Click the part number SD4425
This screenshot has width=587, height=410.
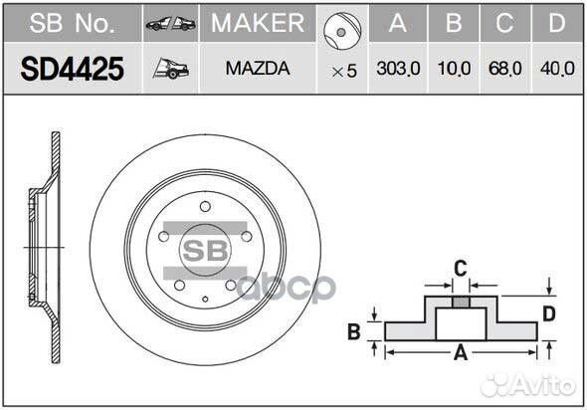coord(72,70)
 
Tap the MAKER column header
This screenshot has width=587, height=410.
coord(258,23)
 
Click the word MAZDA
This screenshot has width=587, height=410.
coord(258,70)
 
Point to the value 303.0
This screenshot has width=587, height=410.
coord(397,70)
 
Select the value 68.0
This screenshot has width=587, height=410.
coord(505,70)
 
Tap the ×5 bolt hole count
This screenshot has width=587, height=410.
coord(343,71)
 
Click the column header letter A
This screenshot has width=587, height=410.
coord(397,23)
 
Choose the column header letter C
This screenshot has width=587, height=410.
coord(505,23)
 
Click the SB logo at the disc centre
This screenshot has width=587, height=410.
coord(204,248)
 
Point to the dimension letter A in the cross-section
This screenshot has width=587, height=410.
coord(460,351)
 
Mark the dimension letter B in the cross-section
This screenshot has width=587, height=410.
coord(353,331)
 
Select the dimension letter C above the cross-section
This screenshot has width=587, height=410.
coord(460,268)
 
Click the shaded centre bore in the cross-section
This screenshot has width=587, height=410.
coord(460,301)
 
